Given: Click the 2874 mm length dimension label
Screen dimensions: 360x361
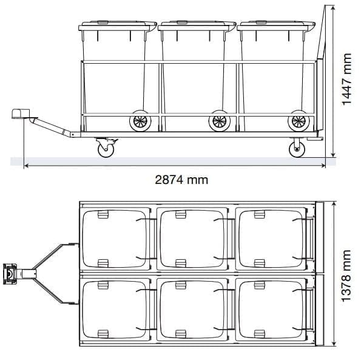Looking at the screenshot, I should [182, 179].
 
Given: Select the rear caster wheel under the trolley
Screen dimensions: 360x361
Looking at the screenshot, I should [297, 148].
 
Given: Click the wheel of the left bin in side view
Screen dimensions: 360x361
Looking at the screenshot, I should [140, 121].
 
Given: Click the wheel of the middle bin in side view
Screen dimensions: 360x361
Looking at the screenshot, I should [219, 121].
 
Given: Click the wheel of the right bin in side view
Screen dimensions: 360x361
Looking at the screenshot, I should [297, 121].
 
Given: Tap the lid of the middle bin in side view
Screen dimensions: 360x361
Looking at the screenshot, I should [195, 25].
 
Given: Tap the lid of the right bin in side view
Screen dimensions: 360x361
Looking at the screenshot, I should [274, 25].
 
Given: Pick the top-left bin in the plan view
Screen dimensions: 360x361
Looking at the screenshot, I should [116, 238].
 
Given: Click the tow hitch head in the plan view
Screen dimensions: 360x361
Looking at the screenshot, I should [12, 274].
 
